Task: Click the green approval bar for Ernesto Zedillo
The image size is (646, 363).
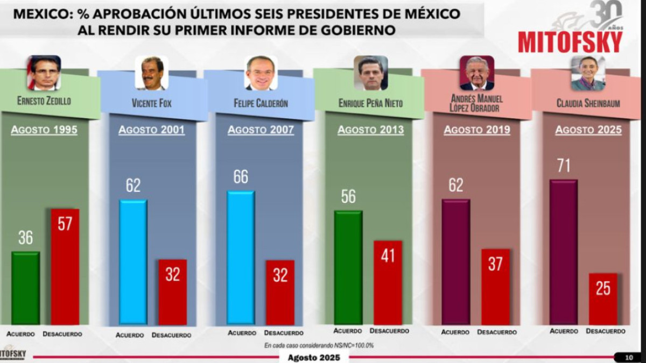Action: pyautogui.click(x=25, y=288)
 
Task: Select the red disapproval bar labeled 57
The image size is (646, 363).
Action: pyautogui.click(x=65, y=267)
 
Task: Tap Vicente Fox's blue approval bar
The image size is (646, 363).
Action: pyautogui.click(x=133, y=262)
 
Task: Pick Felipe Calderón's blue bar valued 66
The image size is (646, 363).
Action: pyautogui.click(x=241, y=258)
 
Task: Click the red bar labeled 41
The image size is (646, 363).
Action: pyautogui.click(x=388, y=282)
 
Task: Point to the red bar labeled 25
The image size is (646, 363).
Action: pyautogui.click(x=603, y=298)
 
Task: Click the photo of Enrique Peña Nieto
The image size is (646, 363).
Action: pyautogui.click(x=370, y=73)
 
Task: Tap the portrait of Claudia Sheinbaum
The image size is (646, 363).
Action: pyautogui.click(x=588, y=73)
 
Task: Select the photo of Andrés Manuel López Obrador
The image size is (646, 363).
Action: pyautogui.click(x=476, y=73)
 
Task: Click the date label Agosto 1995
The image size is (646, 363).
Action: pyautogui.click(x=44, y=130)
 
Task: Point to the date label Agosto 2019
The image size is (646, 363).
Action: pyautogui.click(x=477, y=130)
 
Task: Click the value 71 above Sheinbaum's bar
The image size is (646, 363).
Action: pyautogui.click(x=563, y=166)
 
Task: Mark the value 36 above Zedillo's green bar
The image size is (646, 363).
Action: pyautogui.click(x=25, y=238)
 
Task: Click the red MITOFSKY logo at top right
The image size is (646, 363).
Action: pyautogui.click(x=570, y=42)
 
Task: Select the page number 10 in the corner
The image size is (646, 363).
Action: pyautogui.click(x=629, y=357)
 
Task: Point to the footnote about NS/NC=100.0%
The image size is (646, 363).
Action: pyautogui.click(x=319, y=345)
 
